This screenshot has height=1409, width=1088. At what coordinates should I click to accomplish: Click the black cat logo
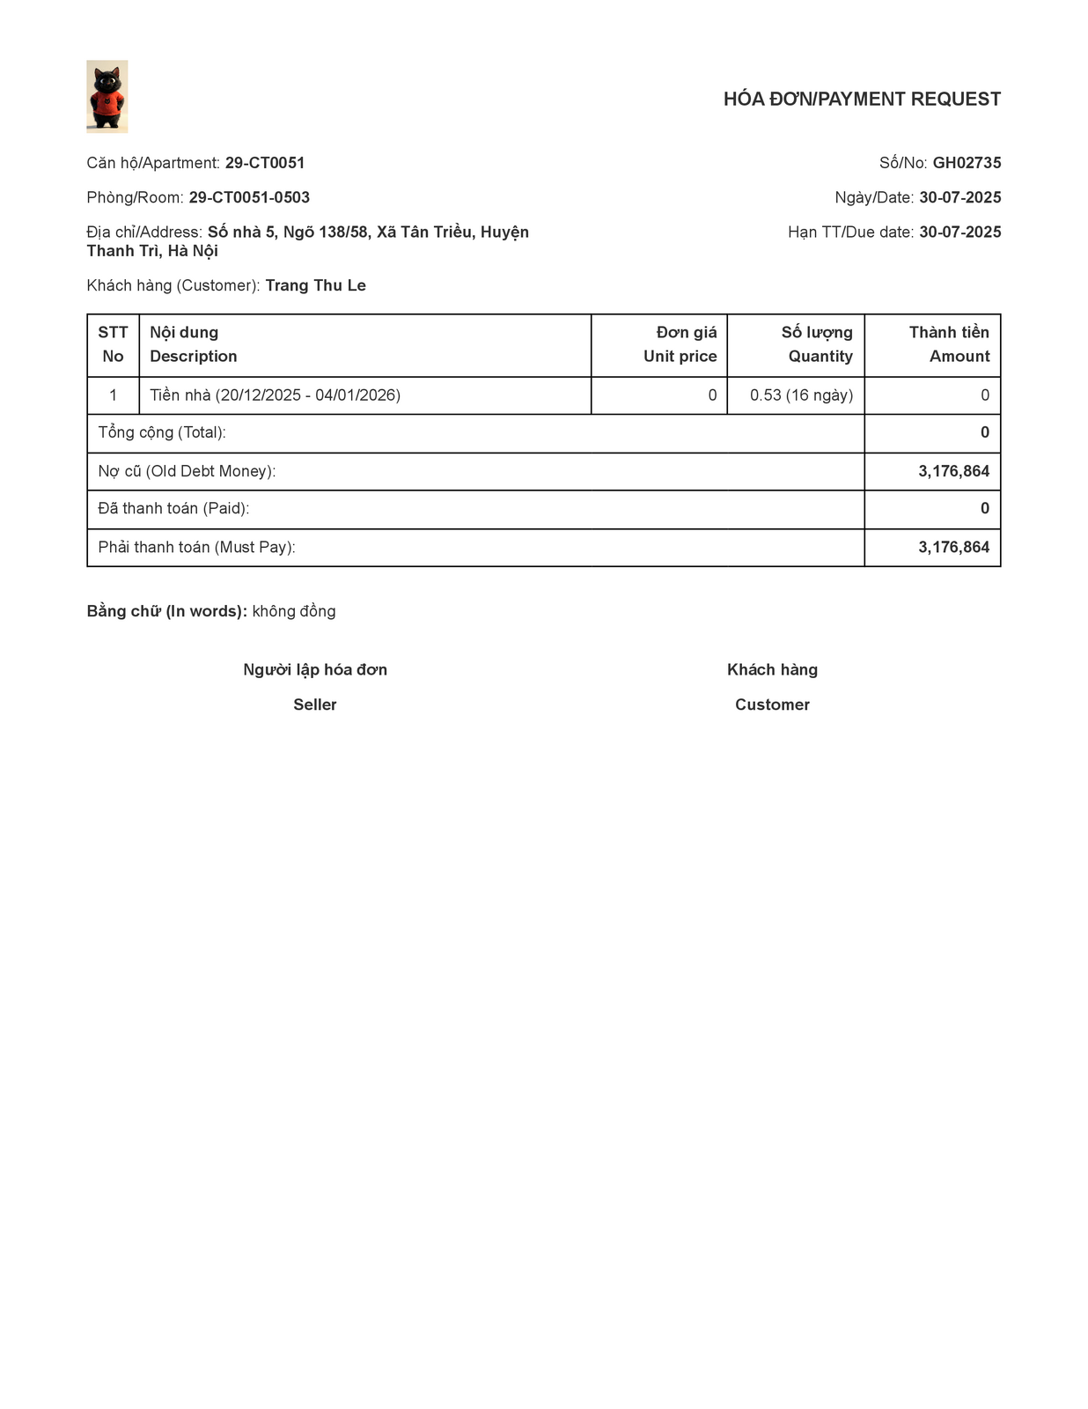pos(107,96)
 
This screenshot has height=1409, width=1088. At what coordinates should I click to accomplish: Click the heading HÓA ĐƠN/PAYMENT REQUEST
pos(862,100)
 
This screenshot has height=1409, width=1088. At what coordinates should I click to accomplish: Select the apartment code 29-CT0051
pos(265,163)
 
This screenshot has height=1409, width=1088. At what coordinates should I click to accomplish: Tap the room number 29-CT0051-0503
pos(249,197)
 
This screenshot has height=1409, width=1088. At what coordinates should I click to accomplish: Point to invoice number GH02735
pos(967,163)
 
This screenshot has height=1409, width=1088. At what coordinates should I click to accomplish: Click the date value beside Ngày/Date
pos(959,197)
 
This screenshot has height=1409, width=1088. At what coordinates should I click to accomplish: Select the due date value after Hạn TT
pos(959,232)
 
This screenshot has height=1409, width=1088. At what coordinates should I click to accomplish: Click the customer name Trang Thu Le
pos(315,285)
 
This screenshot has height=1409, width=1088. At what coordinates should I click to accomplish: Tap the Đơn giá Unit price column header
pos(680,344)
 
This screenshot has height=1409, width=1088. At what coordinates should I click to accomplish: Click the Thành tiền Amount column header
pos(949,344)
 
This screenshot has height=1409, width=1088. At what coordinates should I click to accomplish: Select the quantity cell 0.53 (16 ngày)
pos(801,395)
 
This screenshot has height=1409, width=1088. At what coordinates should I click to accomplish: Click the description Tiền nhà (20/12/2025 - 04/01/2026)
pos(275,395)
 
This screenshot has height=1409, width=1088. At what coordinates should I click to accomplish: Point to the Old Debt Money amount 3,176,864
pos(953,471)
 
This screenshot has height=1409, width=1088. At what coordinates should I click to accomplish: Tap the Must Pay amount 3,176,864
pos(953,547)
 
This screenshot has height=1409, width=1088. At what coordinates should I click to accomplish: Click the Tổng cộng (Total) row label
pos(162,432)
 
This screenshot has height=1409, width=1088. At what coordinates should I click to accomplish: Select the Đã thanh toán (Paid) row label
pos(173,508)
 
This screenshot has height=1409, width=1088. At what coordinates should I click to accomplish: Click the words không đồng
pos(294,611)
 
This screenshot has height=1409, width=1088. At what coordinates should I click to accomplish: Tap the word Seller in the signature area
pos(315,704)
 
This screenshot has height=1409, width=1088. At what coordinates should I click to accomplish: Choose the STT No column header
pos(113,344)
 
